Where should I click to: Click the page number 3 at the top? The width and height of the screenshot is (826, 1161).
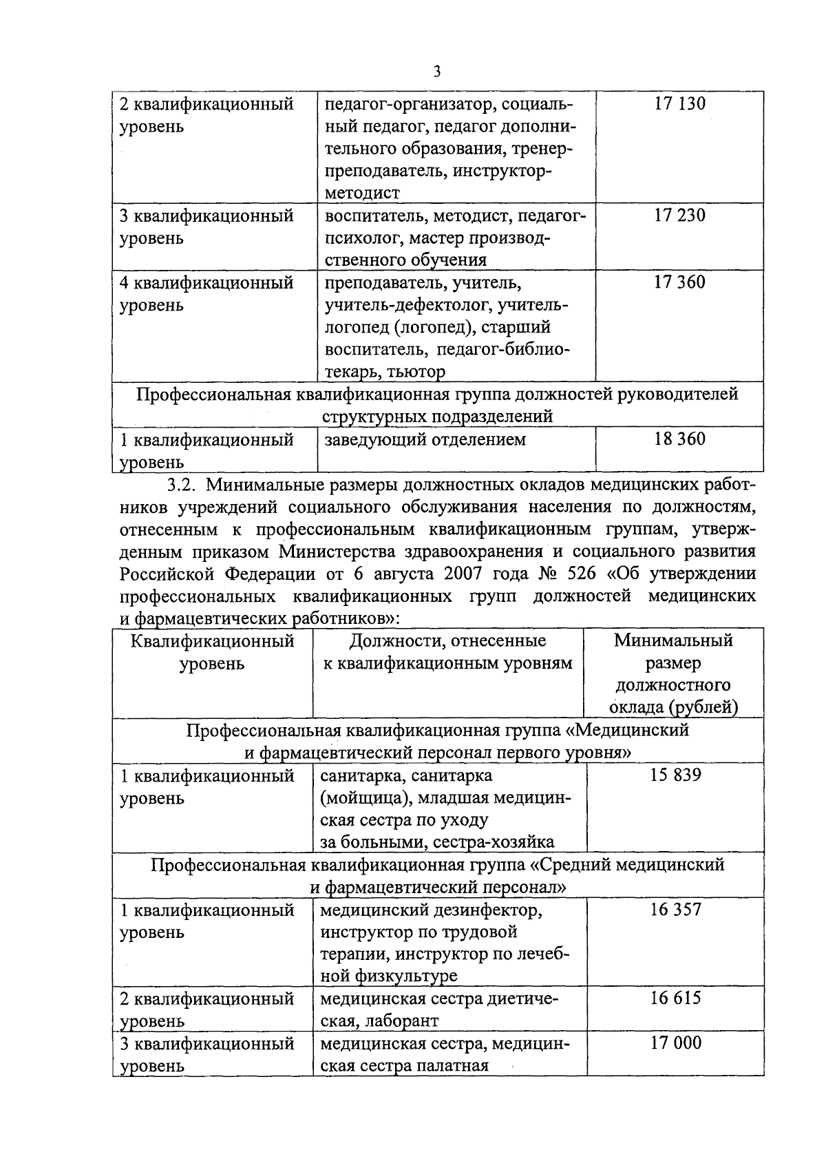[x=437, y=72]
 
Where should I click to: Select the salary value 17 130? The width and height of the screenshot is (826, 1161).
[x=679, y=104]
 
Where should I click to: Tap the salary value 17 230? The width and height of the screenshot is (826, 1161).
[x=679, y=216]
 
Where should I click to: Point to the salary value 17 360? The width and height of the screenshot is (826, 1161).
[x=679, y=282]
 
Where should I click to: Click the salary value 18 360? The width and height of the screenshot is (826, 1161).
[x=679, y=439]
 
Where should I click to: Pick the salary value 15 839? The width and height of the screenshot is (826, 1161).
[x=675, y=775]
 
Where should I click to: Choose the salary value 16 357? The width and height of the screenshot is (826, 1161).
[x=675, y=910]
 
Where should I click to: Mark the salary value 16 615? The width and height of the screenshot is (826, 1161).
[x=675, y=998]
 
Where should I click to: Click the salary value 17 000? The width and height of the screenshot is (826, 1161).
[x=675, y=1043]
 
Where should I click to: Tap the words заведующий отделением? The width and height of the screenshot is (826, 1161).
[x=425, y=439]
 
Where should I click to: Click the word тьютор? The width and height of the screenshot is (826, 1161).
[x=416, y=373]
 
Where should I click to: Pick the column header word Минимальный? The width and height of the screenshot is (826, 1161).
[x=673, y=641]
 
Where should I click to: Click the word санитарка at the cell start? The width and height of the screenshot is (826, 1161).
[x=363, y=776]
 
